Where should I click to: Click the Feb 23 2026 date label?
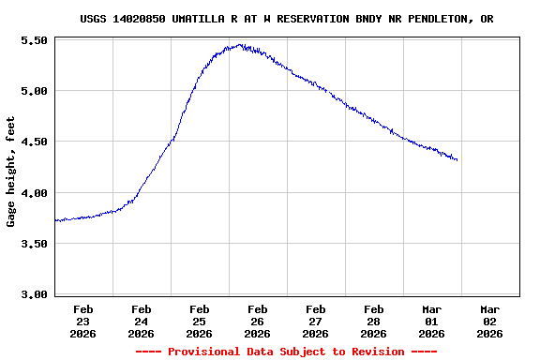[x=83, y=321]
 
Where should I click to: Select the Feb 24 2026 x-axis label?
[x=142, y=321]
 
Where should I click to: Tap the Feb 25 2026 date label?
[x=200, y=321]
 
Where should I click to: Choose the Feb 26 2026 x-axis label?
[x=258, y=321]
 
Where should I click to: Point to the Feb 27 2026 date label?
[x=316, y=321]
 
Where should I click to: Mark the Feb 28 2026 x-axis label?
[x=374, y=321]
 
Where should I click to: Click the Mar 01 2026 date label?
[x=432, y=321]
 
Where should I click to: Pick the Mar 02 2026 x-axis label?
[x=490, y=321]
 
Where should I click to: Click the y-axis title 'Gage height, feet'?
[x=11, y=172]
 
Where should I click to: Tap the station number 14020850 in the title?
[x=139, y=19]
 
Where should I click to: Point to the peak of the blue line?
[x=241, y=44]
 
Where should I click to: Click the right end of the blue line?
[x=457, y=160]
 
